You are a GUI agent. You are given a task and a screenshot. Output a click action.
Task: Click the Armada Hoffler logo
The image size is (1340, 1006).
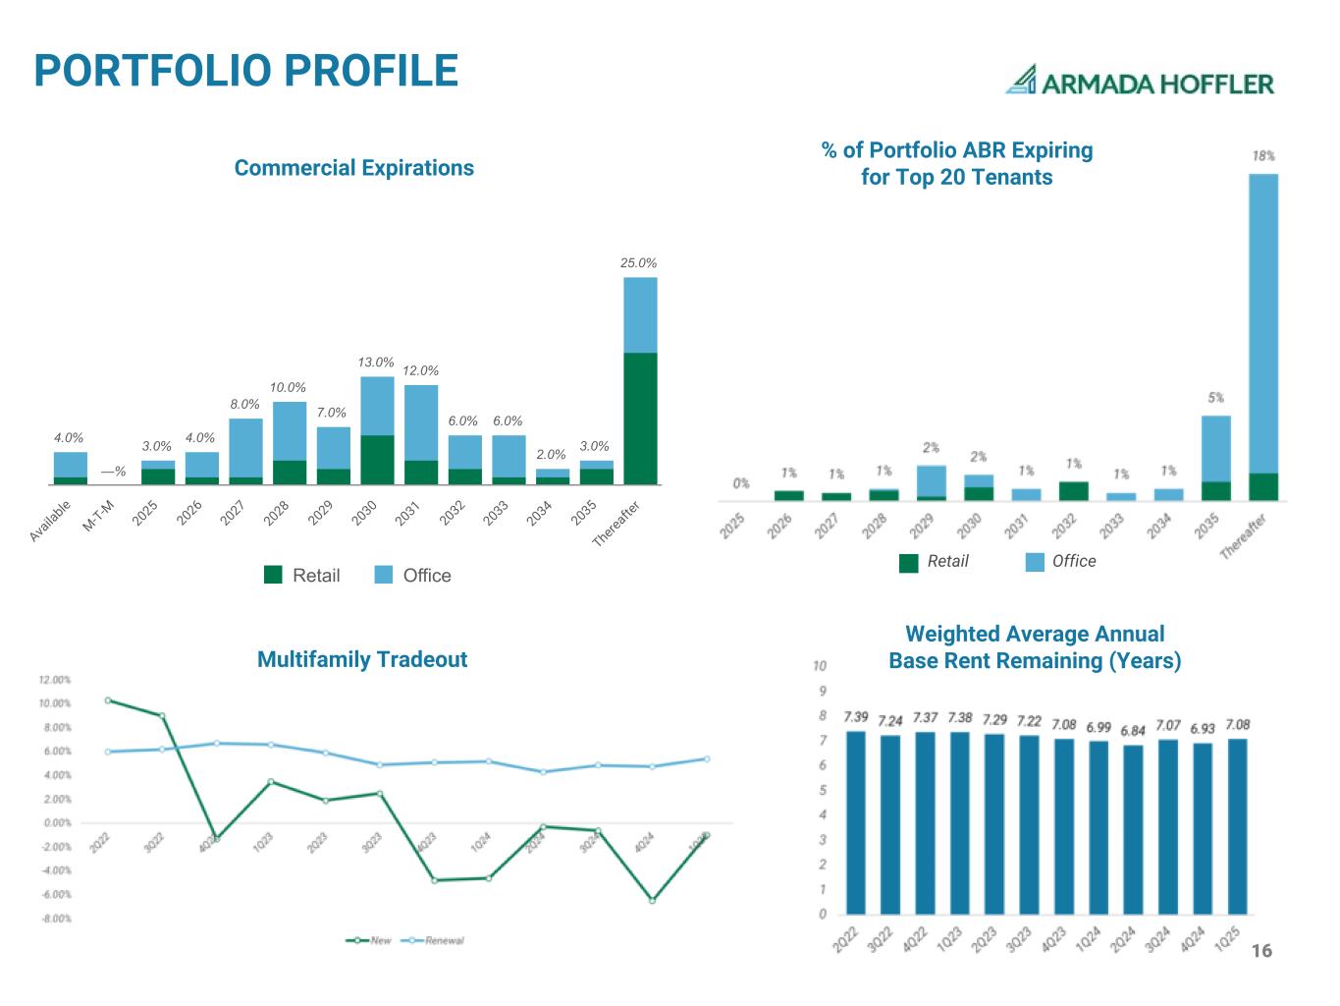[1139, 81]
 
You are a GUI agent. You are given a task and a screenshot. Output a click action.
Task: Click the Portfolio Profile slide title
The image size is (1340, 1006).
[245, 71]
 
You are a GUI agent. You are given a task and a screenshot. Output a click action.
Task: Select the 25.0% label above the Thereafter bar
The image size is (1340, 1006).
[638, 263]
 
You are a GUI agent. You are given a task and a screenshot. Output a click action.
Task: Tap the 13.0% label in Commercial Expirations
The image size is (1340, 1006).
[376, 363]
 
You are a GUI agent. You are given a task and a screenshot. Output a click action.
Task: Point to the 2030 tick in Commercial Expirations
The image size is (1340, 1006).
[365, 514]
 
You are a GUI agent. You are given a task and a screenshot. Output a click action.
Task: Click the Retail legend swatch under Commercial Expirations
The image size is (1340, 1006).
[273, 576]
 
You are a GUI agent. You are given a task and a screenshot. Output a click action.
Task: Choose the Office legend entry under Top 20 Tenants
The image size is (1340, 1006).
[1061, 561]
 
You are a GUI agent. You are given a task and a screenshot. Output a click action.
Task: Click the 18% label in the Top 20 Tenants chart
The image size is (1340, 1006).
[1263, 156]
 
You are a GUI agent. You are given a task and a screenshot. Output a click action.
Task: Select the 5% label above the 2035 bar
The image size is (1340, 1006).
[1215, 398]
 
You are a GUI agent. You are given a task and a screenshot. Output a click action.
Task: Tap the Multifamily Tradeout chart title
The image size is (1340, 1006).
[361, 659]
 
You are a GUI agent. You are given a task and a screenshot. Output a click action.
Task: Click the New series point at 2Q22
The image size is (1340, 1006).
[108, 700]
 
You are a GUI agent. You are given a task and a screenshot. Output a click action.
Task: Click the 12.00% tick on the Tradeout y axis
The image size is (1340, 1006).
[54, 680]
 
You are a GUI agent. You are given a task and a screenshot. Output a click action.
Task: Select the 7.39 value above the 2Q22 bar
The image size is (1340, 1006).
[855, 718]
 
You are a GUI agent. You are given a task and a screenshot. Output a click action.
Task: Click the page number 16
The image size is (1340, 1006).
[1261, 951]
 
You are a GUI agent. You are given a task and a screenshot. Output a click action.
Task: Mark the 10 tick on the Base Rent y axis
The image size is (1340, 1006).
[821, 666]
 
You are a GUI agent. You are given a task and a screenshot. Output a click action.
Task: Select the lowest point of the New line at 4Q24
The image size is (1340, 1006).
[652, 900]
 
